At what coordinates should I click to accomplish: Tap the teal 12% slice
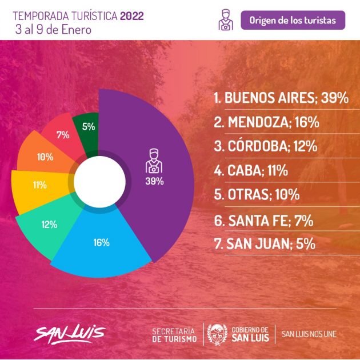tap(49, 226)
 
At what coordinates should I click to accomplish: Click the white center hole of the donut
tap(99, 182)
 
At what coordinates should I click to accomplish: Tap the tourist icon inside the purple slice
tap(154, 161)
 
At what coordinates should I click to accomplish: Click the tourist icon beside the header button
tap(226, 20)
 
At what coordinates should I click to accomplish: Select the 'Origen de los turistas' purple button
tap(293, 20)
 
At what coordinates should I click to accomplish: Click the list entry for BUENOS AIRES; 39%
tap(281, 98)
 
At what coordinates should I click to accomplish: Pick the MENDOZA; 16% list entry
tap(266, 122)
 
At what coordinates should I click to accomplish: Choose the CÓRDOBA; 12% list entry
tap(266, 146)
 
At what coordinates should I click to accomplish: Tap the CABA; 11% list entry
tap(251, 170)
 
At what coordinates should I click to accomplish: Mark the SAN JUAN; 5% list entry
tap(265, 243)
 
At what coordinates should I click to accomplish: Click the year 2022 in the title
tap(132, 16)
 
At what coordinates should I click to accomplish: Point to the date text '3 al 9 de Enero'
tap(53, 30)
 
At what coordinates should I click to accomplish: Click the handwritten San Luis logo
tap(70, 334)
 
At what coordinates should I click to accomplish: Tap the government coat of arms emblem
tap(217, 334)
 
